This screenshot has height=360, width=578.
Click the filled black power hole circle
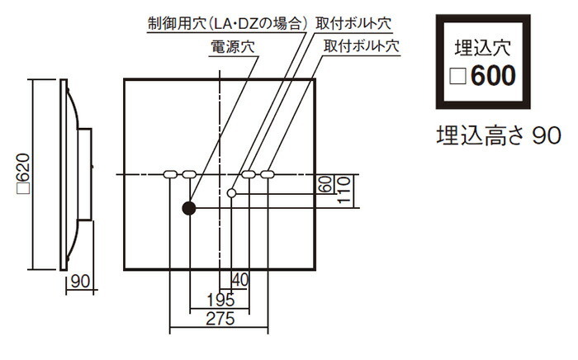click(189, 208)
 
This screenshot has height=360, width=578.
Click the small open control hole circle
click(231, 192)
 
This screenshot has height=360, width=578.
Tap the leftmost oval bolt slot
click(169, 174)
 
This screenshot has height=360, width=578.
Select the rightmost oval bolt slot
click(268, 174)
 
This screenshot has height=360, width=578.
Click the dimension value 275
click(220, 319)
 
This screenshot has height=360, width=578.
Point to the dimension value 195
click(220, 300)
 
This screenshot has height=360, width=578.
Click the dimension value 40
click(240, 280)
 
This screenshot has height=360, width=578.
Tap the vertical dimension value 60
click(325, 184)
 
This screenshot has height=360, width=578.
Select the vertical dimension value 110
click(343, 190)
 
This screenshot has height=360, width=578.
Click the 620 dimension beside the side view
click(24, 173)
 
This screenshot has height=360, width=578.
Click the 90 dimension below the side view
click(80, 282)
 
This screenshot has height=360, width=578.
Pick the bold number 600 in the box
click(493, 75)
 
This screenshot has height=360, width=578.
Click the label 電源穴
click(233, 47)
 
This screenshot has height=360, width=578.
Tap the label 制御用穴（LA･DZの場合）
click(227, 24)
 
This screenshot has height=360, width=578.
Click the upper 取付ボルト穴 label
click(353, 23)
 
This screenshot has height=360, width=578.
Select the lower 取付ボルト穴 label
click(362, 45)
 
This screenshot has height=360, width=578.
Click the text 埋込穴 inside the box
click(483, 48)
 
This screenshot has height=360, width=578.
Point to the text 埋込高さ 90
click(499, 135)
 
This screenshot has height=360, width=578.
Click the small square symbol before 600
click(457, 76)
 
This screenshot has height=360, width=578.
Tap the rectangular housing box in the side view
click(85, 174)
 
